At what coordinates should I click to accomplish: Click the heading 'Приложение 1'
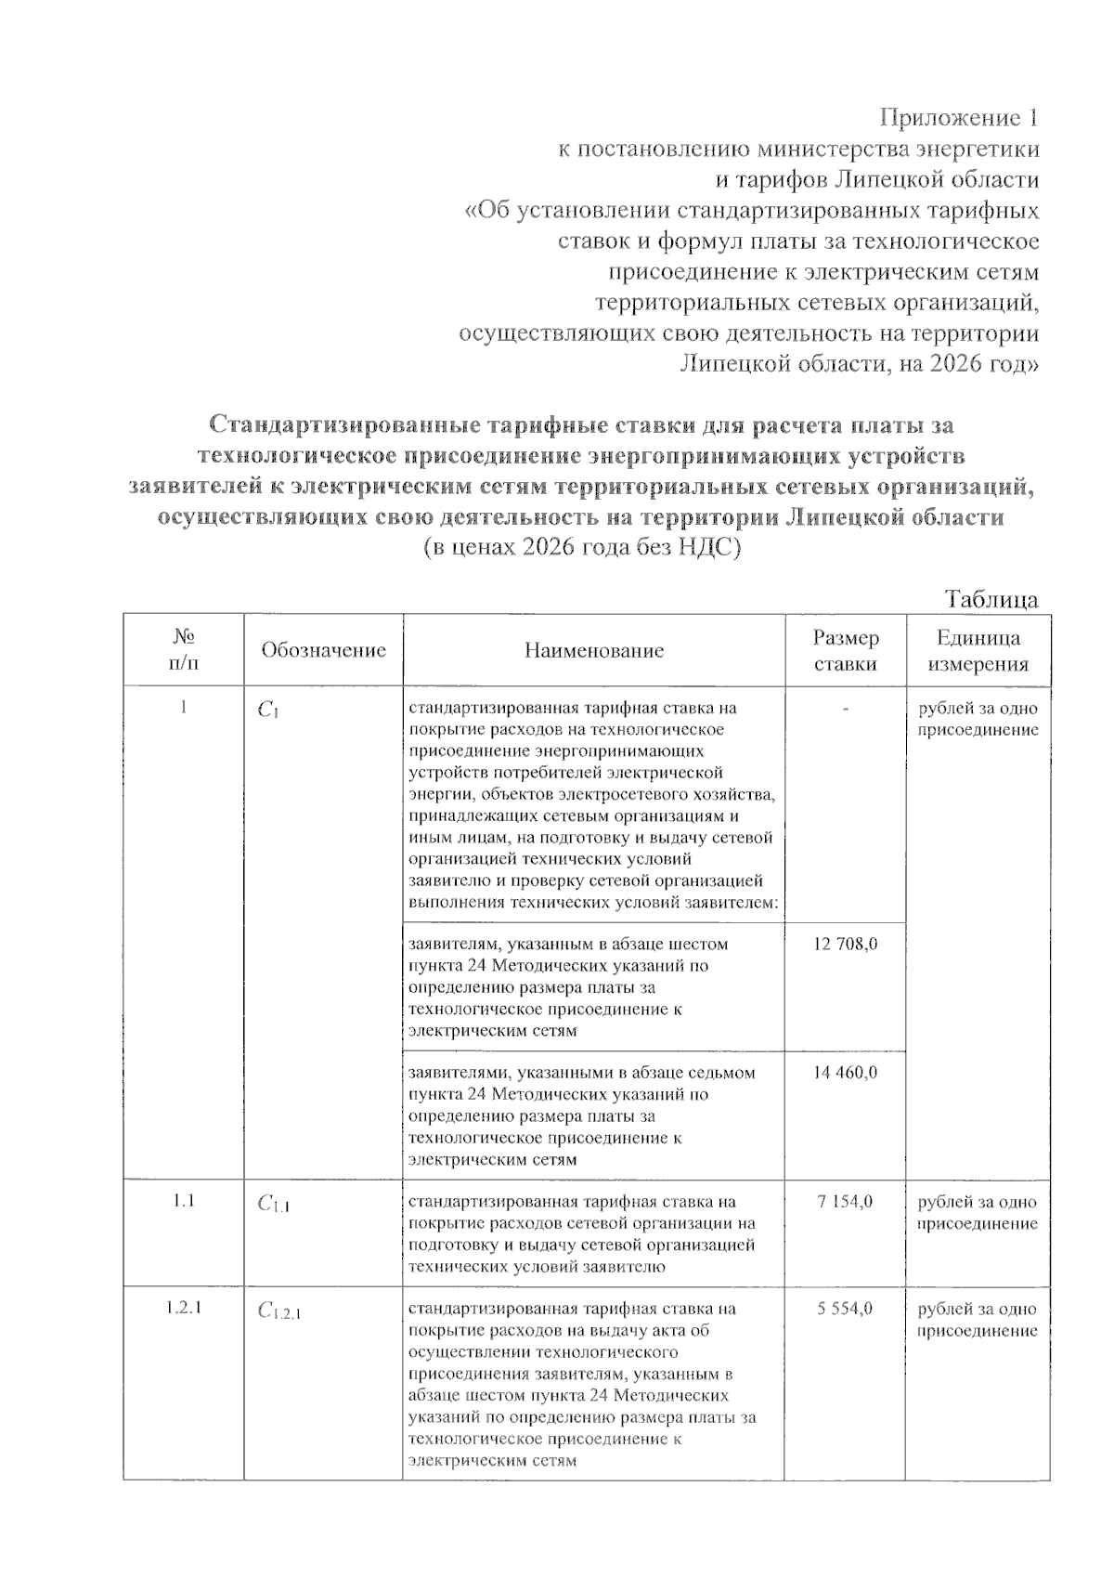959,118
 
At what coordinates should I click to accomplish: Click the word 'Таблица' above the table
991,599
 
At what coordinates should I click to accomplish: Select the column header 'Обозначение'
323,650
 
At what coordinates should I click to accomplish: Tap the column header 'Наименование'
594,650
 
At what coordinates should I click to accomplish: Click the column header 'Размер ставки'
846,650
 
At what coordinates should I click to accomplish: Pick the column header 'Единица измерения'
978,650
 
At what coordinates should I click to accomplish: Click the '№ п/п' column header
184,649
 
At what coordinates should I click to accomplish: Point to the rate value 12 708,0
845,944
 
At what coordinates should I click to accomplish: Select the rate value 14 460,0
845,1073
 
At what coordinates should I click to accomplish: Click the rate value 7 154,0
845,1202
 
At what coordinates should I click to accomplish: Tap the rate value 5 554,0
845,1309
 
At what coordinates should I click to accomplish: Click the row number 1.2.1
184,1309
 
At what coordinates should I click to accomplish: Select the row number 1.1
184,1202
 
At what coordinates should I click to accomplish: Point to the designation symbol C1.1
274,1206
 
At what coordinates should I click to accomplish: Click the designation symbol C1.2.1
279,1311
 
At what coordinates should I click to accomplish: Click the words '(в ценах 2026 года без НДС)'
582,548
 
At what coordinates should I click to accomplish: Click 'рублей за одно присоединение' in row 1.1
978,1213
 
